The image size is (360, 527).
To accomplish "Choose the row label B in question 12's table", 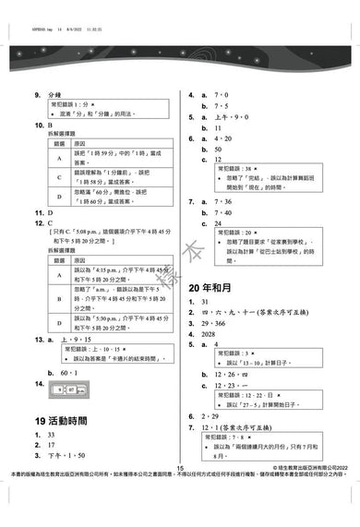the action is pos(57,298).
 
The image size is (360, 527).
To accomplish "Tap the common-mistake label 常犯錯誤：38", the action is pos(236,170).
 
